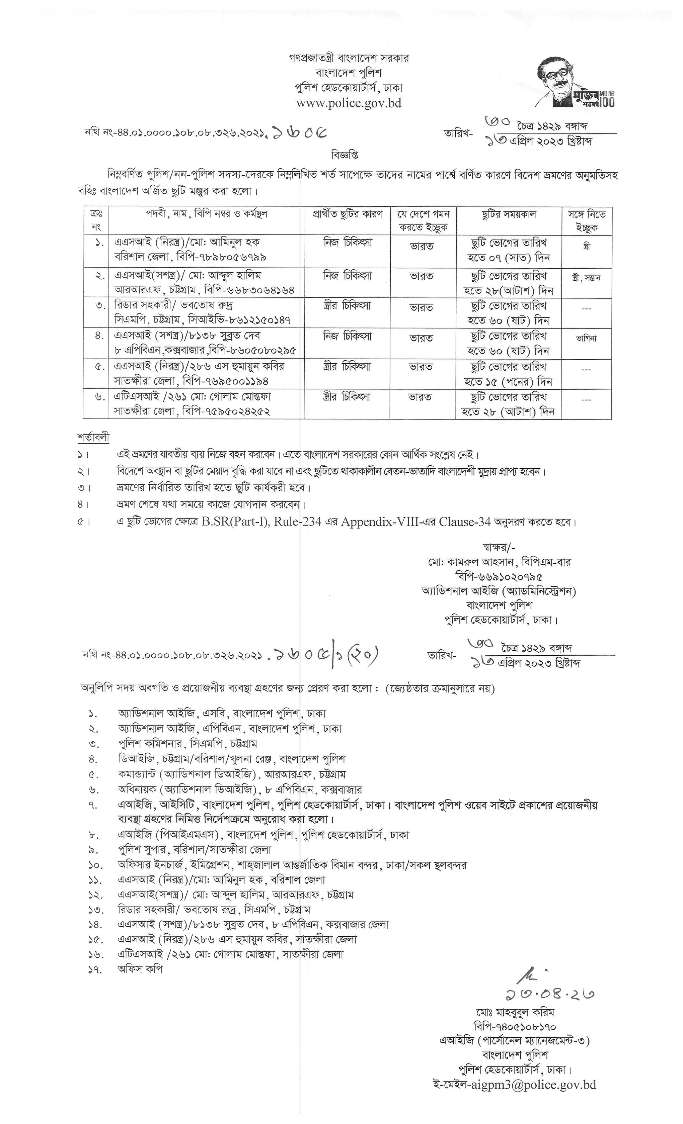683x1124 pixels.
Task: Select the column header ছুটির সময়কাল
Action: (x=509, y=214)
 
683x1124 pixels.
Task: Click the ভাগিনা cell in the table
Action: (x=586, y=339)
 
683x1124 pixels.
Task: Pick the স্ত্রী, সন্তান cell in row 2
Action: (x=586, y=278)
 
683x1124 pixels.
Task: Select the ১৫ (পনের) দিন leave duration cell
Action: (x=509, y=381)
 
